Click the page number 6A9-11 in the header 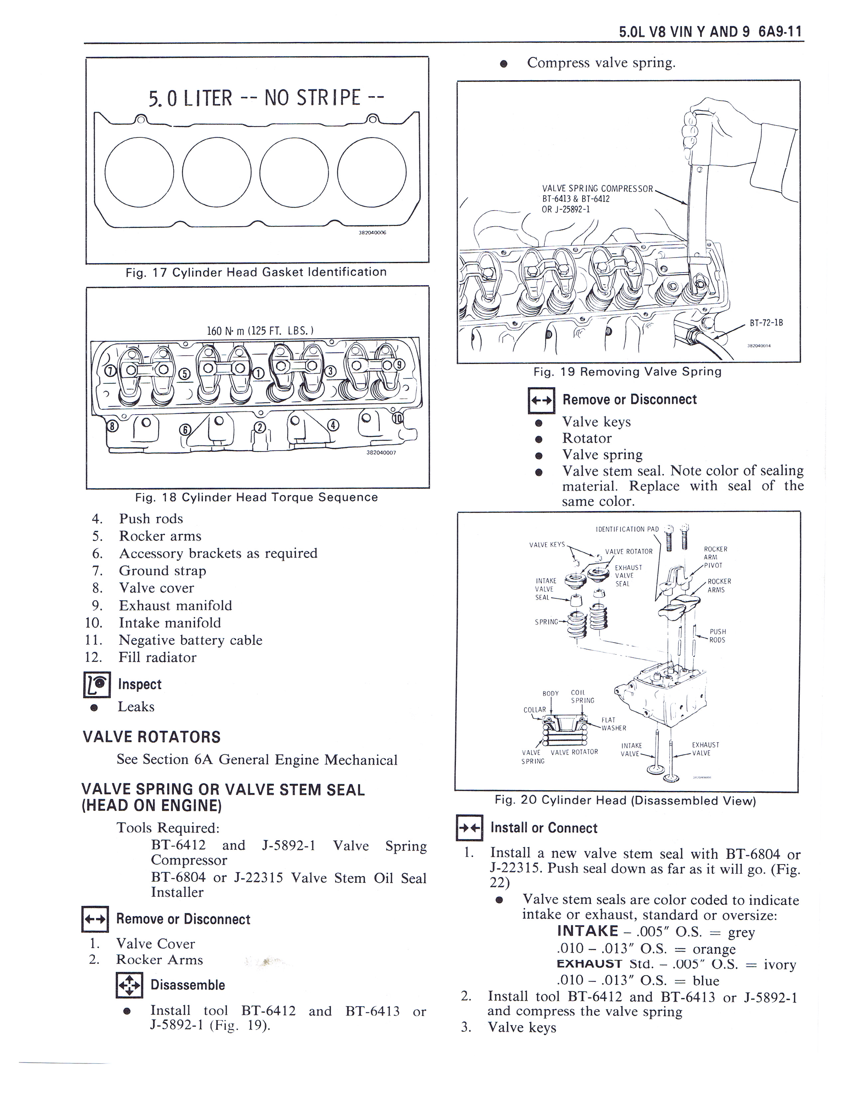[780, 32]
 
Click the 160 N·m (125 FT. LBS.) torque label [260, 330]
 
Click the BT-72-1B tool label [766, 323]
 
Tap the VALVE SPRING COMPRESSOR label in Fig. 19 [597, 189]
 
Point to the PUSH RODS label [717, 636]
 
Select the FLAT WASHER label [614, 724]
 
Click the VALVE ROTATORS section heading [151, 737]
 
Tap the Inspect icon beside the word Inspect [96, 685]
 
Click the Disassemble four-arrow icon [129, 985]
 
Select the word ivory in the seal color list [780, 964]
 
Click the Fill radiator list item [157, 657]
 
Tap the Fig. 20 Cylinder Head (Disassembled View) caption [625, 800]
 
